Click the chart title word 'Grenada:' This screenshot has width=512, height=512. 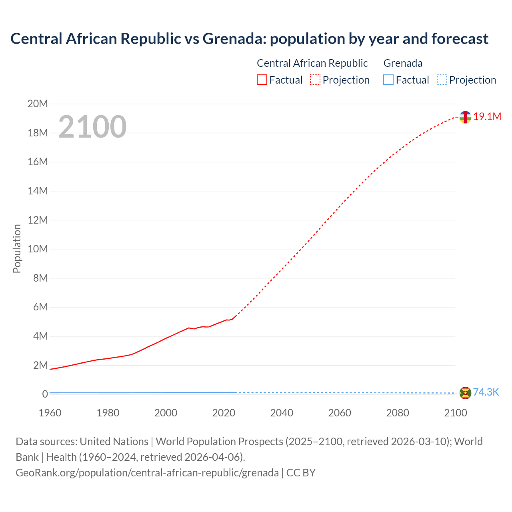point(234,39)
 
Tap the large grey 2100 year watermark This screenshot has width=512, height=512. point(92,127)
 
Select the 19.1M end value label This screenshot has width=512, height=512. point(487,116)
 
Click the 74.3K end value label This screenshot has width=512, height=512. point(486,392)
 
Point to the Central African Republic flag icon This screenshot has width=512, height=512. point(465,117)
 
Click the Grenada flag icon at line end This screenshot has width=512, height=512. point(465,393)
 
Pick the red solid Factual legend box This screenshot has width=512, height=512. point(262,80)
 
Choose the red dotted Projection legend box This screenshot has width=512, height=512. point(315,80)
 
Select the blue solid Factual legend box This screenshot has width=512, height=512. point(388,80)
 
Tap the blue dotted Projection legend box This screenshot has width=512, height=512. point(442,80)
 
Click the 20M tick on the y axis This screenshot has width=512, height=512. point(38,104)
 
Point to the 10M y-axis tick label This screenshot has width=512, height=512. point(38,249)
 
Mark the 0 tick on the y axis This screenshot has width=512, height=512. point(45,394)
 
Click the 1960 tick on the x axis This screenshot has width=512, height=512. point(50,413)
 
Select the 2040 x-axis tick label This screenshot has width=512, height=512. point(282,413)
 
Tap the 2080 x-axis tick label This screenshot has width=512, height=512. point(398,413)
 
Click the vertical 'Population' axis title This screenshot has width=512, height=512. point(17,248)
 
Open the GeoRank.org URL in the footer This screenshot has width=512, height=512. point(147,473)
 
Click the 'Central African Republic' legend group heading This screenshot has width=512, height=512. point(312,63)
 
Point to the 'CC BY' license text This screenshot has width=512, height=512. point(301,473)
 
